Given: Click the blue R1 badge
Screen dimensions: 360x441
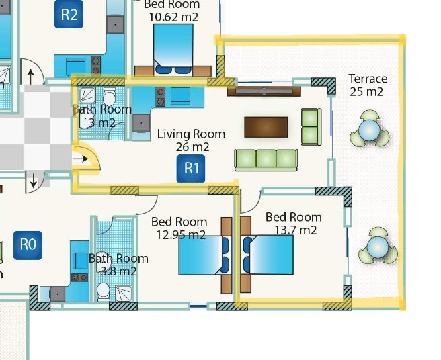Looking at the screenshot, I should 192,169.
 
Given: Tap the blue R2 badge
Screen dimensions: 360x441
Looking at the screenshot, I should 69,15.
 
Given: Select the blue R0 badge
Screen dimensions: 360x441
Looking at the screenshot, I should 28,244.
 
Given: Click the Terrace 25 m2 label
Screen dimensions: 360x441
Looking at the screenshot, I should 368,85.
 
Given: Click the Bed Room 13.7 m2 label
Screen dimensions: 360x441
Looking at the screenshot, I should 293,224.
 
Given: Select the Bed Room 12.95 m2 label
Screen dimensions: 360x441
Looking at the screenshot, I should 179,228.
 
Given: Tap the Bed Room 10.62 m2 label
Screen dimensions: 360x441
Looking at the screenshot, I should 172,11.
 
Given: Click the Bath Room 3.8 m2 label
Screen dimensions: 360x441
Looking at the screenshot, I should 118,265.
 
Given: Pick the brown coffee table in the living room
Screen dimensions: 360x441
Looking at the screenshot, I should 266,126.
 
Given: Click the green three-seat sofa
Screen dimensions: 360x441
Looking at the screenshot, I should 266,160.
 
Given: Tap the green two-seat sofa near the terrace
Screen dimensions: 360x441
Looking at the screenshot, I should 311,126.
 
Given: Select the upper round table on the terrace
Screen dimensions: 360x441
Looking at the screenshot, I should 369,130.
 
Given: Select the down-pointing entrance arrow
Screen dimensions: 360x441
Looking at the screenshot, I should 34,180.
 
